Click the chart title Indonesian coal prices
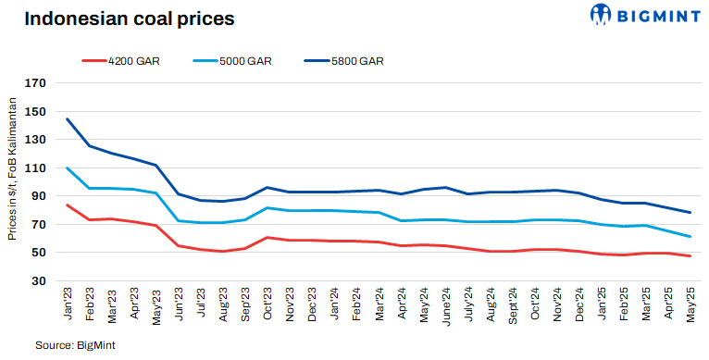[129, 19]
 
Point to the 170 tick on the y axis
[35, 82]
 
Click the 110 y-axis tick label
[35, 168]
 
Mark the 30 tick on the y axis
[38, 280]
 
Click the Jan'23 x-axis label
[68, 306]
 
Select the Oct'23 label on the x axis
[267, 306]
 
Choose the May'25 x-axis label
[690, 306]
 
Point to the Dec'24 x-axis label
[578, 306]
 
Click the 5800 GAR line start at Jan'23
[68, 118]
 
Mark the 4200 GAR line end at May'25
[690, 255]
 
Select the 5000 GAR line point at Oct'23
[267, 208]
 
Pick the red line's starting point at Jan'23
[68, 205]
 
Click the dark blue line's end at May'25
[690, 213]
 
